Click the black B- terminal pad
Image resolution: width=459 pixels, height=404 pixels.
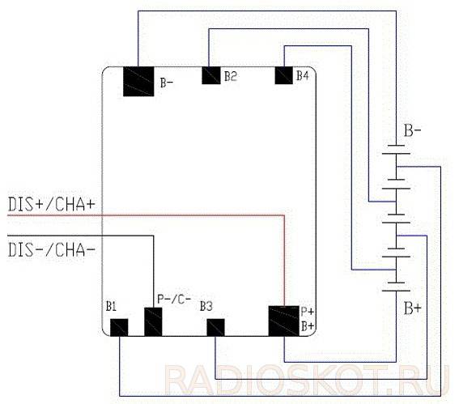pos(138,82)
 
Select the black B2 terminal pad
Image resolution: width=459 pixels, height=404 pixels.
pos(211,75)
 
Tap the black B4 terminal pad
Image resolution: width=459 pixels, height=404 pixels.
pos(284,75)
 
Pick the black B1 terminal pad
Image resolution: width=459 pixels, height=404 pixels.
pos(119,327)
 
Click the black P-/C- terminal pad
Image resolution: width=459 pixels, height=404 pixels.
pos(153,321)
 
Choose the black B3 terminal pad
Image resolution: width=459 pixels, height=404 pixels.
pos(216,327)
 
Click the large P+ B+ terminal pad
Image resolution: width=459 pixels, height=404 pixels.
pos(284,321)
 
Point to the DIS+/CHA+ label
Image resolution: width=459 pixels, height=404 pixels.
pos(52,204)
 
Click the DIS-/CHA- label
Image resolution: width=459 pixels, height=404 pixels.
pos(52,250)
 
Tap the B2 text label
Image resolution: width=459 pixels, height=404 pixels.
pos(231,76)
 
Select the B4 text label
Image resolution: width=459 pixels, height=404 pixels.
pos(303,76)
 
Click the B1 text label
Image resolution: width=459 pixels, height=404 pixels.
pos(111,306)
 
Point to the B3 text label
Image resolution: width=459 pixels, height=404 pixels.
pos(206,306)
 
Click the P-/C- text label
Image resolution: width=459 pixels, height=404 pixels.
pos(174,299)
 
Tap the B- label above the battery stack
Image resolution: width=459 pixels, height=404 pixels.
pos(413,130)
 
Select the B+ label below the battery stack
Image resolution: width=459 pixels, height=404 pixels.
pos(413,308)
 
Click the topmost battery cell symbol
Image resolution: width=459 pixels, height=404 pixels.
pos(396,149)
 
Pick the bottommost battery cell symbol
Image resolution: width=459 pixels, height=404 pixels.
pos(396,287)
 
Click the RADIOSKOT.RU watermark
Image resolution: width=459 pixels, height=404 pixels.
pos(307,380)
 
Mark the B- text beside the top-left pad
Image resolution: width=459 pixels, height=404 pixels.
pos(167,83)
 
